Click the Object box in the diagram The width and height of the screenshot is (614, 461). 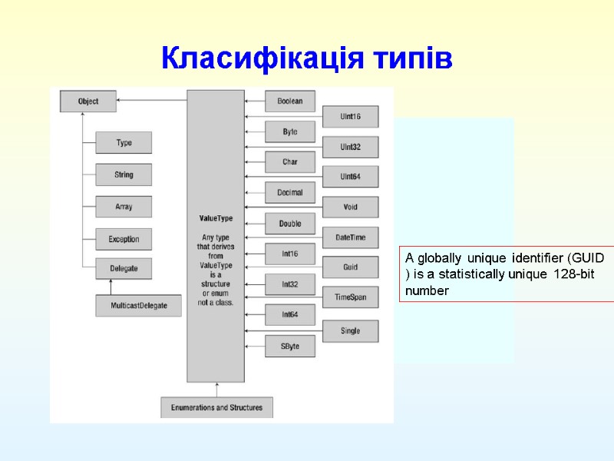coord(89,101)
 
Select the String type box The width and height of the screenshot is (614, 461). coord(124,175)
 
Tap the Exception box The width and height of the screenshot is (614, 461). coord(124,239)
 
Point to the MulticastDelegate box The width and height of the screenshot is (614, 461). coord(138,305)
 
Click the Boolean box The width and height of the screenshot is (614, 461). coord(290,101)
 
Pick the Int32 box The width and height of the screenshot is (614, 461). coord(290,284)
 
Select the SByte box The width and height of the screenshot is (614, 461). coord(290,347)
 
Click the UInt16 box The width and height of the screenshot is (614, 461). coord(350,117)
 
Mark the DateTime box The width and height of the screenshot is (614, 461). coord(350,238)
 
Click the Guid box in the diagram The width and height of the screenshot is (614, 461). coord(350,267)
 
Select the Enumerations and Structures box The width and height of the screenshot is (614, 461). coord(216,407)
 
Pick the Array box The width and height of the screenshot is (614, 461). coord(124,207)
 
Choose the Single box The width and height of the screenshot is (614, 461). coord(350,331)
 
